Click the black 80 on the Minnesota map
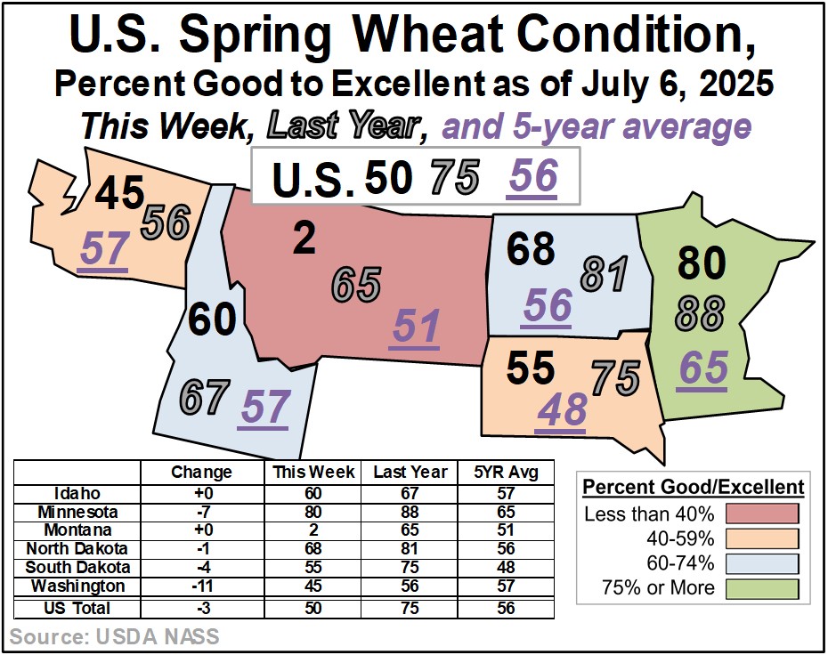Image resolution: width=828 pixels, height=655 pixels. click(x=702, y=263)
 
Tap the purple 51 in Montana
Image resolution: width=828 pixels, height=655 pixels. click(x=416, y=327)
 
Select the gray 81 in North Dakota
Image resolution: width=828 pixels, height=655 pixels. click(x=605, y=274)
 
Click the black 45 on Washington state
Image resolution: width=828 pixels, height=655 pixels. click(x=119, y=192)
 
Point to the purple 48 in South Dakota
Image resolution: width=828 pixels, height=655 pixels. click(x=563, y=409)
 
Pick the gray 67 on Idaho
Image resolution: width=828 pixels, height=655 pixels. click(x=205, y=397)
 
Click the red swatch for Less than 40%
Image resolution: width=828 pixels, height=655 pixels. click(x=762, y=513)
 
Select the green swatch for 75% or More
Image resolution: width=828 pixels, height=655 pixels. click(x=762, y=589)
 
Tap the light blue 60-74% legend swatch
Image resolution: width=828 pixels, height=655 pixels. click(x=762, y=563)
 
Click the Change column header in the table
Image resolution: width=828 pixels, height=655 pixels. click(x=202, y=472)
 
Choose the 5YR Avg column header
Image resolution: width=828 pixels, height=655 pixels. click(x=506, y=472)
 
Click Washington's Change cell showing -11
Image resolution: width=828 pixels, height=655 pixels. click(x=202, y=586)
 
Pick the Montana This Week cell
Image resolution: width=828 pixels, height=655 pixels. click(x=313, y=530)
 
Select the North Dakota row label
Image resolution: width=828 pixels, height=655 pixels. click(x=77, y=549)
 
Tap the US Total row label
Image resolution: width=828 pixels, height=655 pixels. click(x=77, y=608)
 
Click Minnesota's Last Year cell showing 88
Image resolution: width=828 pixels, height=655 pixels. click(x=410, y=512)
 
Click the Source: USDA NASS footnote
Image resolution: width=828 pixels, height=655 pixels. click(x=114, y=636)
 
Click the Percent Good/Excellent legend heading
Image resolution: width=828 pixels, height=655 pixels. click(x=694, y=487)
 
